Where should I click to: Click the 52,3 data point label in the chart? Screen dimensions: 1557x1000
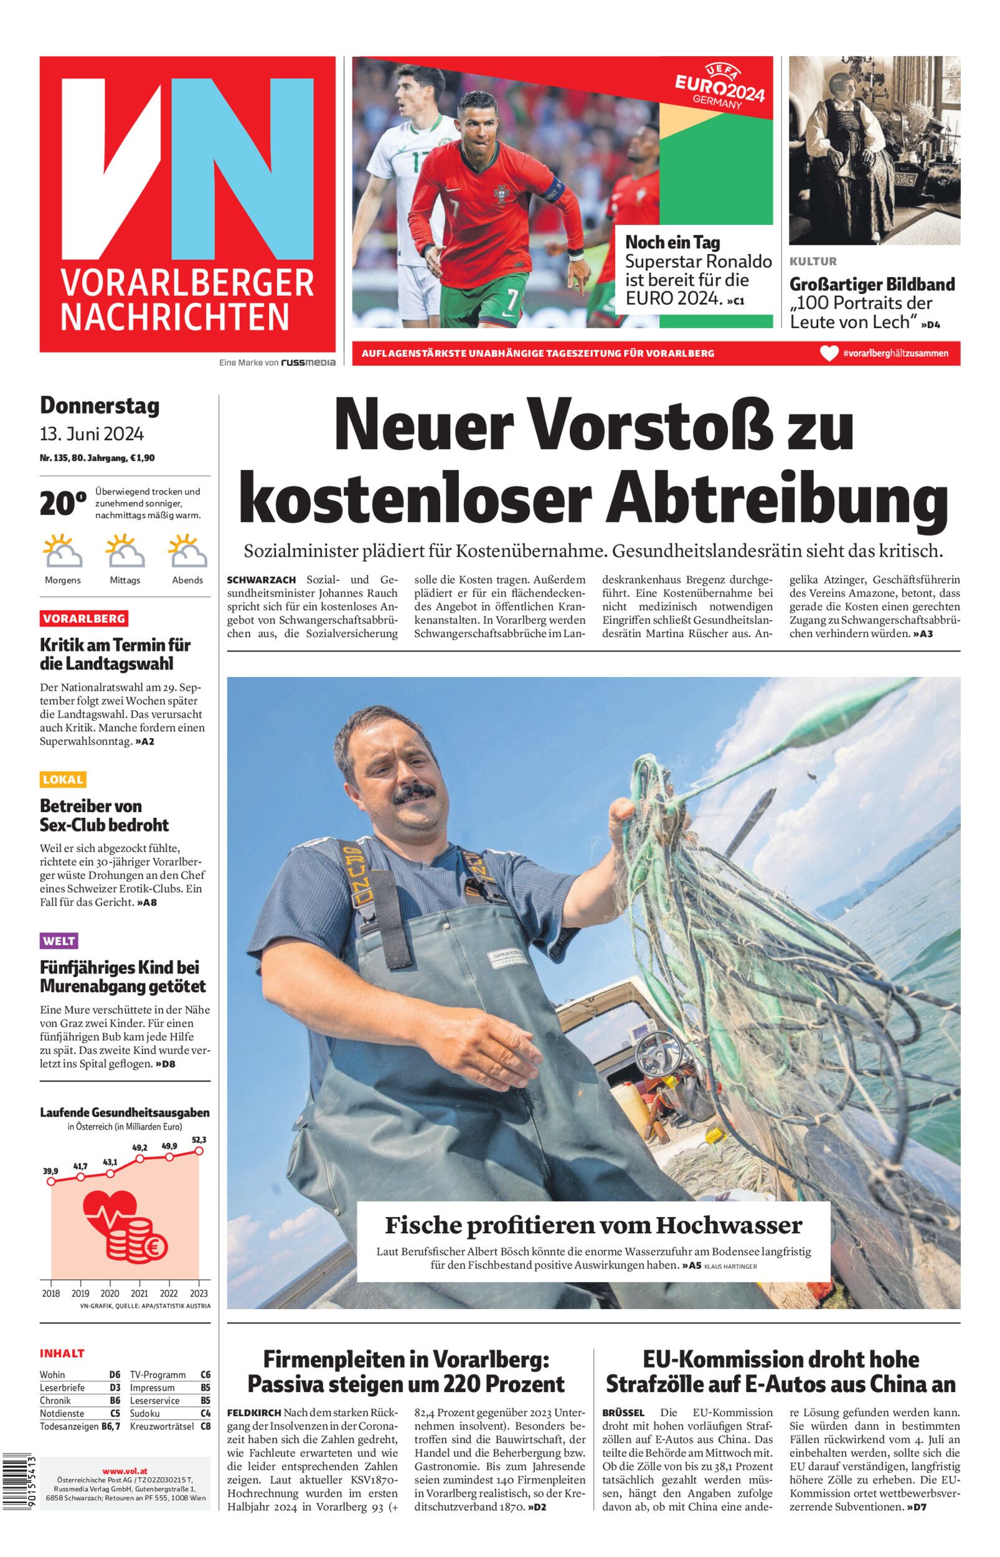click(199, 1140)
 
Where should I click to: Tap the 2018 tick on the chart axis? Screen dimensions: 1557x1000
click(51, 1293)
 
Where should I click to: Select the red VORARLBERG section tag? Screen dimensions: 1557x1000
click(84, 618)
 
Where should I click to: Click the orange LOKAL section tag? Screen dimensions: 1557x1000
click(63, 779)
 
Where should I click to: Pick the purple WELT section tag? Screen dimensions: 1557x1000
click(59, 940)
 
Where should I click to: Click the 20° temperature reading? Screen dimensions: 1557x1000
click(63, 503)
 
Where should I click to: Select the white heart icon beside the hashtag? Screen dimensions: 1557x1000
click(829, 354)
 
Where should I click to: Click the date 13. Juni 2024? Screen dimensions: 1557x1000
click(92, 433)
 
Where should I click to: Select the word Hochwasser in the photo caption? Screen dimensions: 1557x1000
click(729, 1225)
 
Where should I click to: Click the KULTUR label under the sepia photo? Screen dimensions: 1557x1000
click(813, 262)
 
